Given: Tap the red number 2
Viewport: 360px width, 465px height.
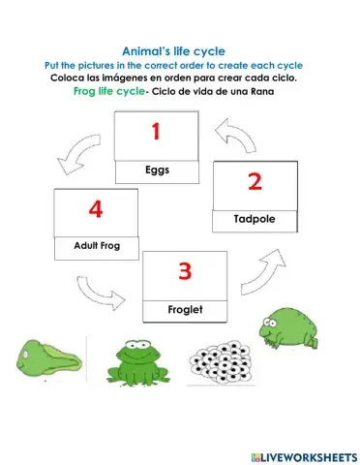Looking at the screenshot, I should (255, 181).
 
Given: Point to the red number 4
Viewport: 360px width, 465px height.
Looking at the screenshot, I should (95, 208).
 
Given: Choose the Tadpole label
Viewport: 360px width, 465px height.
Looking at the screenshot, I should (255, 220).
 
